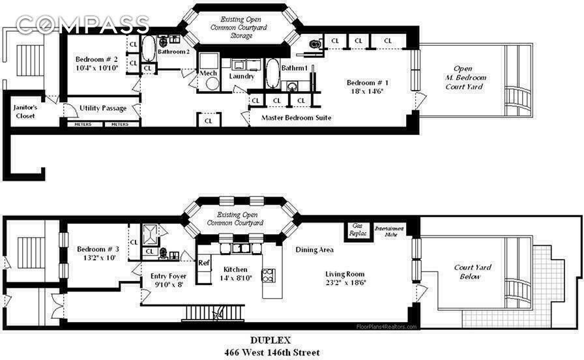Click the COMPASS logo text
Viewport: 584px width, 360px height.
point(82,25)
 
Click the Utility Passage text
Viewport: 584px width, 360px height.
point(102,108)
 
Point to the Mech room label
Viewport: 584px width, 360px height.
point(209,73)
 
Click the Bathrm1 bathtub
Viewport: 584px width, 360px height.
point(272,73)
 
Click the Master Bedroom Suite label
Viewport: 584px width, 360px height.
point(297,118)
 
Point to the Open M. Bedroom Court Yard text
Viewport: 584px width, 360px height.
point(464,77)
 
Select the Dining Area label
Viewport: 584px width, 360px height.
point(315,249)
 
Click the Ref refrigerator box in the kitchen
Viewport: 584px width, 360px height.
point(204,263)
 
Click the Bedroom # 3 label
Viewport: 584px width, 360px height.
point(98,250)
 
